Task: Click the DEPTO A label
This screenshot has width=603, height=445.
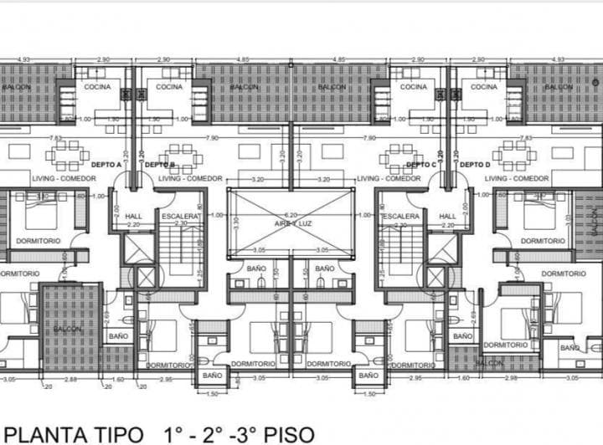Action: click(x=106, y=165)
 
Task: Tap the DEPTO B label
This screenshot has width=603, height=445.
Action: click(x=159, y=165)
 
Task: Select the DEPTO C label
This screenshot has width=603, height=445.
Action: click(x=420, y=165)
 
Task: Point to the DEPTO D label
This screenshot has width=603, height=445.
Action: click(x=474, y=165)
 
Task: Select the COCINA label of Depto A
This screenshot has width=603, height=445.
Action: click(x=98, y=87)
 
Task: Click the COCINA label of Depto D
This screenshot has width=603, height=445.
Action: click(x=484, y=87)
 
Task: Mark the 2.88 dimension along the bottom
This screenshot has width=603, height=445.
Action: click(x=71, y=379)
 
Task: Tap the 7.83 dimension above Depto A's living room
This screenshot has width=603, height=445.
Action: click(x=55, y=138)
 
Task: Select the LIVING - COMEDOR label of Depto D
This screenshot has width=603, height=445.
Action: click(x=517, y=179)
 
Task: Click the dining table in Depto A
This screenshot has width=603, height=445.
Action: click(x=67, y=154)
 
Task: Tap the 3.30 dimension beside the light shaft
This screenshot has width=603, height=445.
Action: click(x=236, y=224)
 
